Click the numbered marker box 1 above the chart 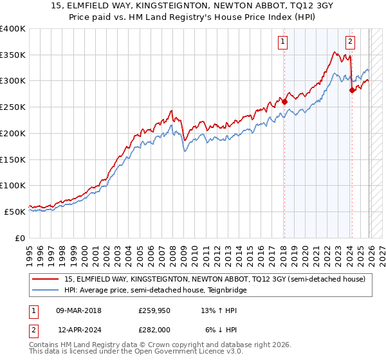(283, 42)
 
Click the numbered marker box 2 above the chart (351, 42)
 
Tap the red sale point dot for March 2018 (284, 101)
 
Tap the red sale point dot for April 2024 (352, 90)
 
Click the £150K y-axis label (13, 159)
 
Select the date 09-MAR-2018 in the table (79, 310)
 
